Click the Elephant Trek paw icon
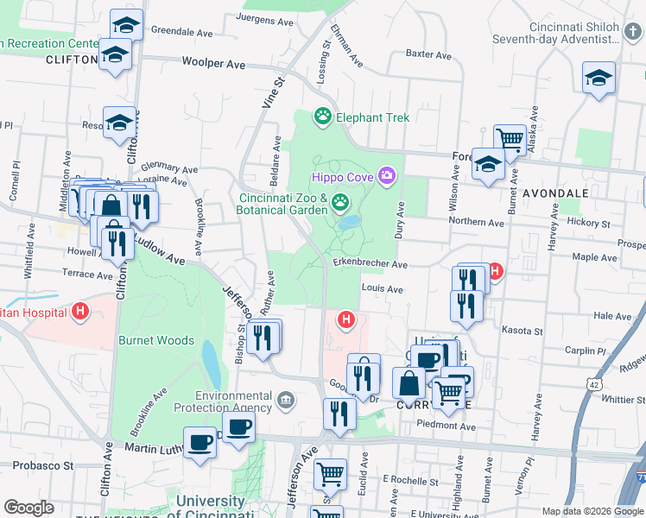(323, 117)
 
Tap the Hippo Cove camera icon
(386, 177)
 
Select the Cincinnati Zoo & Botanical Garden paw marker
(341, 203)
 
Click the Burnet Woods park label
(156, 340)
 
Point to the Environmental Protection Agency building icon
(286, 399)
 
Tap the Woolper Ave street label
(213, 63)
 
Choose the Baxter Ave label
(429, 54)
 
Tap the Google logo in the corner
(29, 508)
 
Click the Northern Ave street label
(476, 222)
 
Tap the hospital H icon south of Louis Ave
(346, 320)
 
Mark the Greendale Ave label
(182, 29)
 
